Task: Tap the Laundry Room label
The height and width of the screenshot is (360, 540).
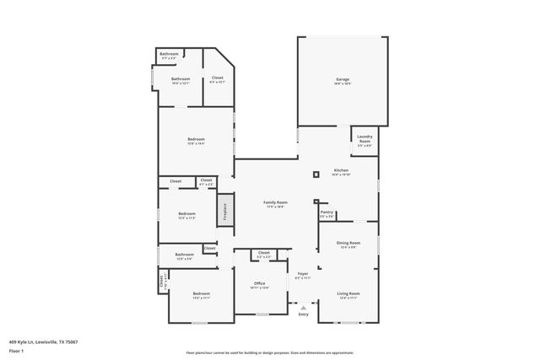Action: pyautogui.click(x=364, y=139)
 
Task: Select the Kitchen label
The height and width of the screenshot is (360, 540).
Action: pyautogui.click(x=341, y=171)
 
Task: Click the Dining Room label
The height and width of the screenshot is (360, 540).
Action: pyautogui.click(x=348, y=244)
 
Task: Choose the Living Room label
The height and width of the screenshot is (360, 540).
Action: pyautogui.click(x=348, y=294)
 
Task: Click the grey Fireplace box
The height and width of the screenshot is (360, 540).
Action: pyautogui.click(x=225, y=210)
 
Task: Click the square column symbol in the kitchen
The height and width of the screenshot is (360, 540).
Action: pyautogui.click(x=316, y=175)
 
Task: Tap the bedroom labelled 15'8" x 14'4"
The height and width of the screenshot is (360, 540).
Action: pyautogui.click(x=196, y=141)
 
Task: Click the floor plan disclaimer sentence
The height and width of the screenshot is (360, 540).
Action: pyautogui.click(x=270, y=353)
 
